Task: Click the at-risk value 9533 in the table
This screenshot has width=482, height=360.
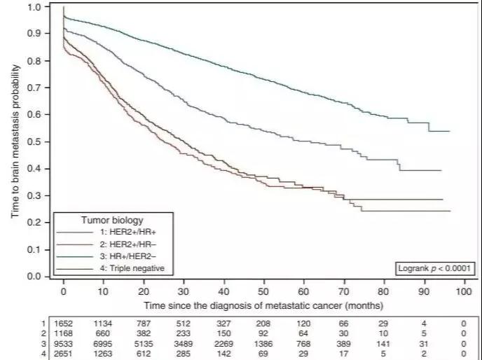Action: tap(64, 343)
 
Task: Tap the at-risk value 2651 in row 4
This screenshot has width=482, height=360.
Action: tap(64, 353)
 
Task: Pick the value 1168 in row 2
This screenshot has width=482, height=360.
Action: tap(64, 334)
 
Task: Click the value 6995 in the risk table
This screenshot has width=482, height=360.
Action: tap(104, 343)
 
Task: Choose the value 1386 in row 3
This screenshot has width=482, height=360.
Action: tap(263, 343)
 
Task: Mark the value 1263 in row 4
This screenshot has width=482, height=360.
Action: tap(104, 353)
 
